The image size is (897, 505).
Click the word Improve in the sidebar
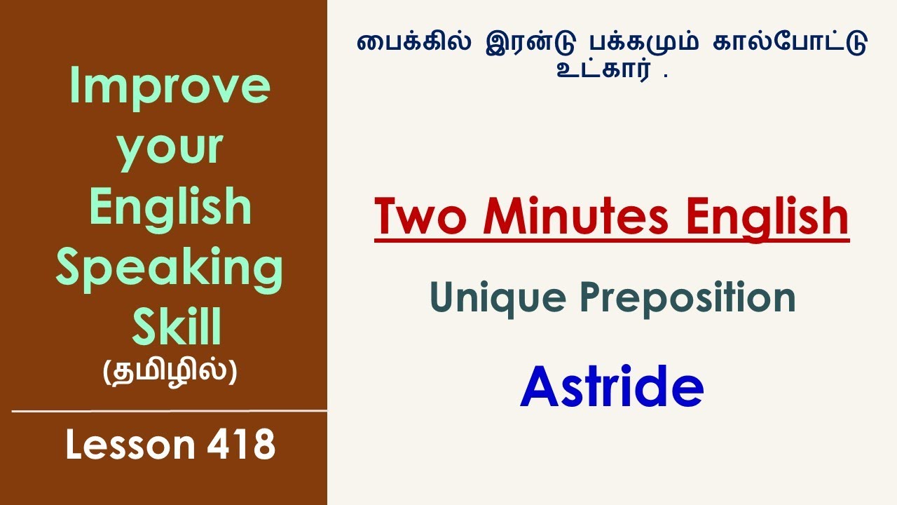(x=170, y=87)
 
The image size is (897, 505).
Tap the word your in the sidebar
(x=170, y=149)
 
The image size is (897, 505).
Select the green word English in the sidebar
(x=170, y=208)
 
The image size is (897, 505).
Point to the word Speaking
(x=170, y=269)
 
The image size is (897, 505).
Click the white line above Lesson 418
(x=170, y=411)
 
